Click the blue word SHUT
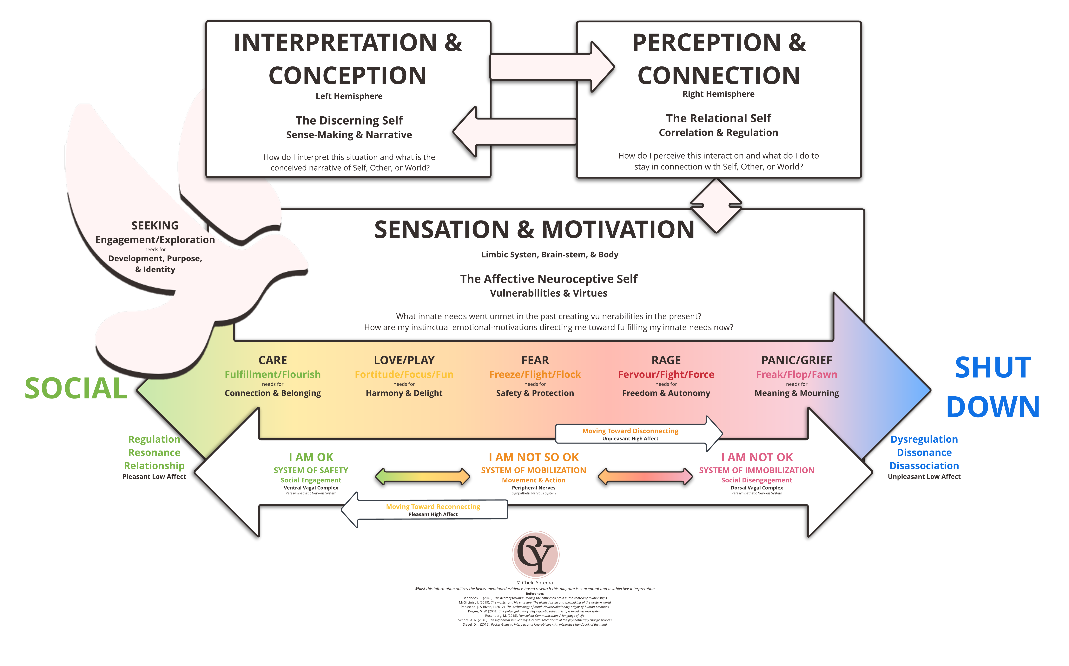993,368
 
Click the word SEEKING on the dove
155,226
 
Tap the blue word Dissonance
924,452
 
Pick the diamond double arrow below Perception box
716,205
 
